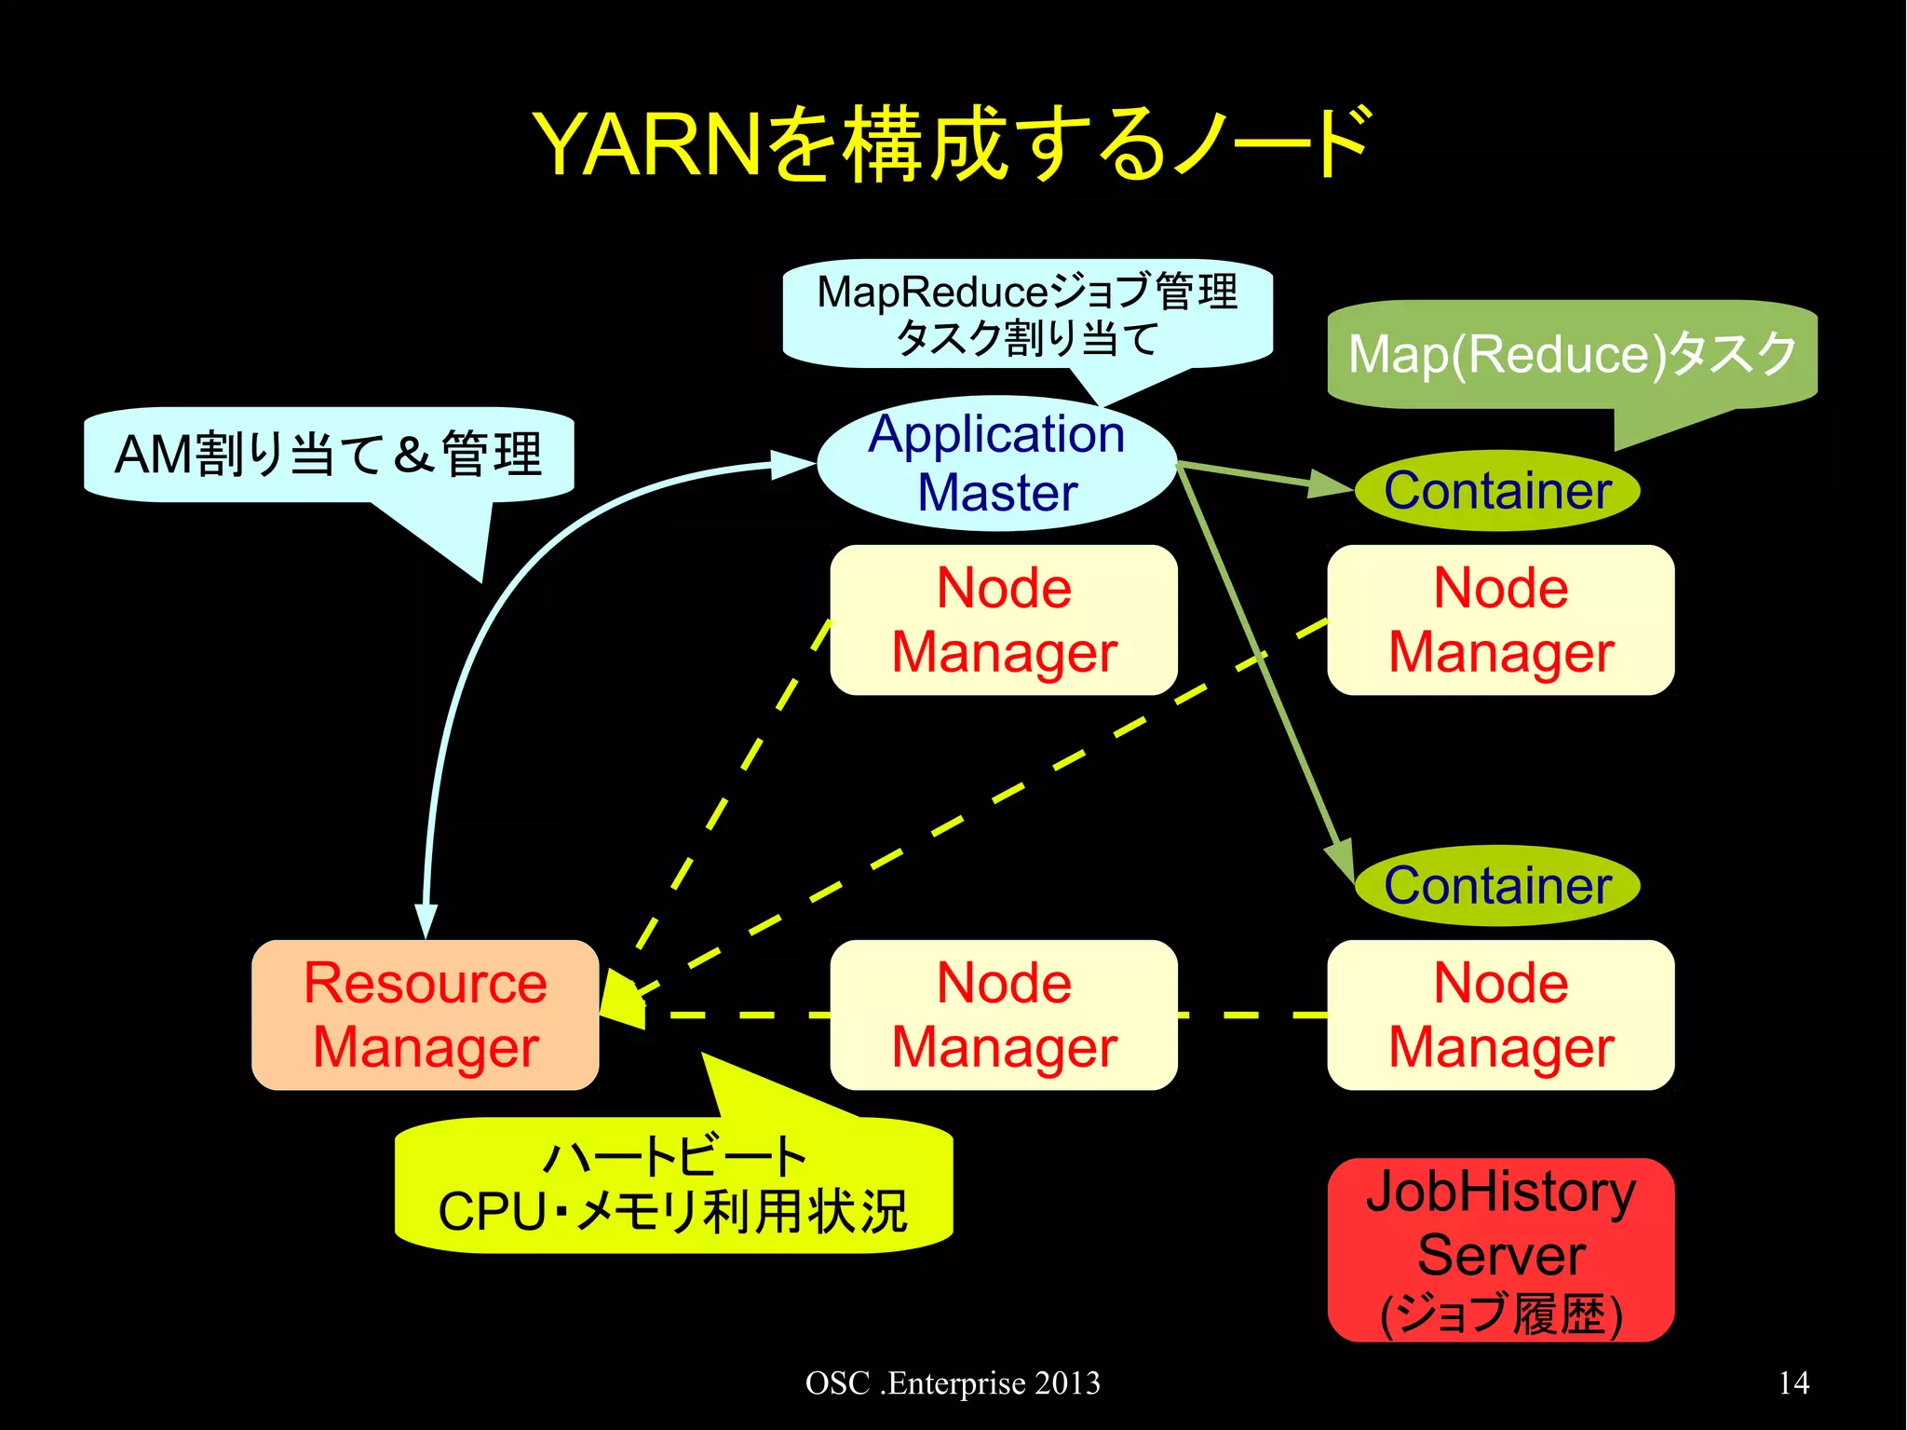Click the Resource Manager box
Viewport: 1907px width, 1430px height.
coord(425,1015)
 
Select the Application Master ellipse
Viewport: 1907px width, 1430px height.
coord(996,463)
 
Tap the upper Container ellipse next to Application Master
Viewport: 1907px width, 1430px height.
coord(1496,491)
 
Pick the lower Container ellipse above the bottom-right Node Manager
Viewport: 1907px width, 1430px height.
coord(1496,885)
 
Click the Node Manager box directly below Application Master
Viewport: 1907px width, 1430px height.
coord(1004,620)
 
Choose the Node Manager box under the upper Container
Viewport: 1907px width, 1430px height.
coord(1500,620)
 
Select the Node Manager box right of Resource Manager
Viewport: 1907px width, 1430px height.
coord(1004,1015)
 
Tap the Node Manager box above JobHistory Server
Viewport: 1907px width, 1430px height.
coord(1500,1015)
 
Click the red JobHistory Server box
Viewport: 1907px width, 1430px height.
coord(1500,1249)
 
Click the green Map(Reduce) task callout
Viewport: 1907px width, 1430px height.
coord(1572,354)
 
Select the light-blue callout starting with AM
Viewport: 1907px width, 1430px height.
coord(328,454)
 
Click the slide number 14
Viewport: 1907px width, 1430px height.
coord(1793,1382)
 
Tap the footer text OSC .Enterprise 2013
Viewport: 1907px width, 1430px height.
coord(953,1382)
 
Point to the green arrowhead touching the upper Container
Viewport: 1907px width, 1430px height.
coord(1330,483)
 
